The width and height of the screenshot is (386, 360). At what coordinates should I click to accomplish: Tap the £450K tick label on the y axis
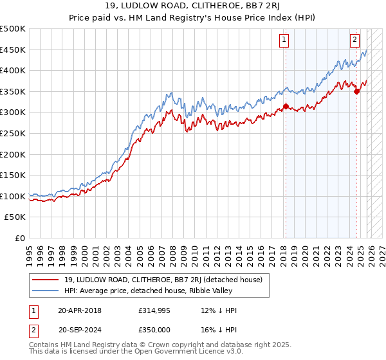[13, 50]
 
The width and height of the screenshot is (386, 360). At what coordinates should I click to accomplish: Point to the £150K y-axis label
[13, 175]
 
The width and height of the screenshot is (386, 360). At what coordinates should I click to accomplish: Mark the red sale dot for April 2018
[285, 106]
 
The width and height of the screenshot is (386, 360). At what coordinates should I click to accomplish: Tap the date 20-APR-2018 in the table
[80, 310]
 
